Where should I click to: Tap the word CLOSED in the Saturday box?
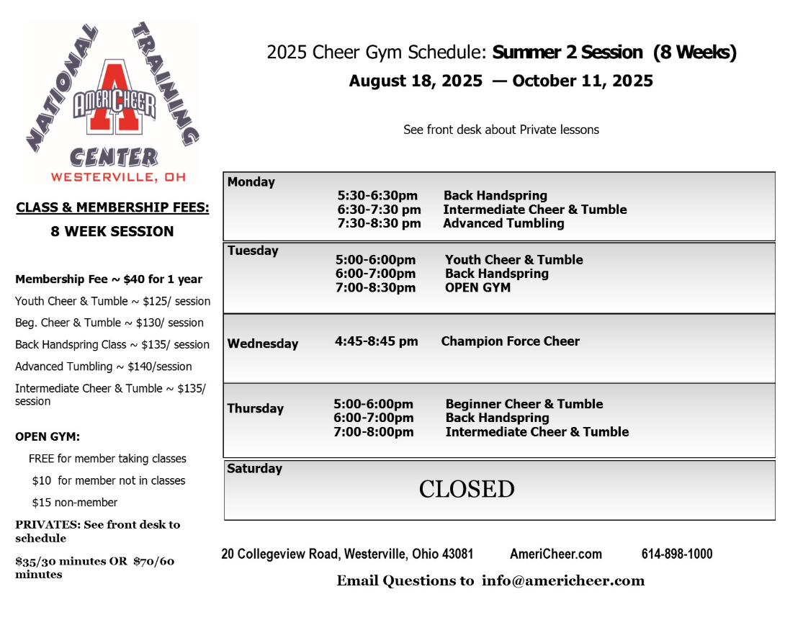(x=467, y=490)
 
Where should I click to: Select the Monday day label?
(x=251, y=182)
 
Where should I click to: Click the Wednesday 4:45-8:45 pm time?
(x=376, y=341)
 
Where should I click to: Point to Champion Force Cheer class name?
(x=510, y=341)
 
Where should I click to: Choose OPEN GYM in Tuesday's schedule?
(x=477, y=287)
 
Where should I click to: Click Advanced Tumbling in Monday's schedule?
(x=503, y=223)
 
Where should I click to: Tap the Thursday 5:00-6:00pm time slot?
(x=373, y=404)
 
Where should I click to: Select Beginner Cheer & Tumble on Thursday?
(x=524, y=404)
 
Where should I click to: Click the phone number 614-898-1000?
(x=677, y=554)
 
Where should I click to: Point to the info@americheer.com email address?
(x=563, y=580)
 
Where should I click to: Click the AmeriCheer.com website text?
(x=556, y=554)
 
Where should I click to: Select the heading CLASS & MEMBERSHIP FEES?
(x=112, y=208)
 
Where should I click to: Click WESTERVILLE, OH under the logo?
(x=113, y=176)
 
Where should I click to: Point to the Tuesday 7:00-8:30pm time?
(x=375, y=287)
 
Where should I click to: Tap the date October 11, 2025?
(x=583, y=81)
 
